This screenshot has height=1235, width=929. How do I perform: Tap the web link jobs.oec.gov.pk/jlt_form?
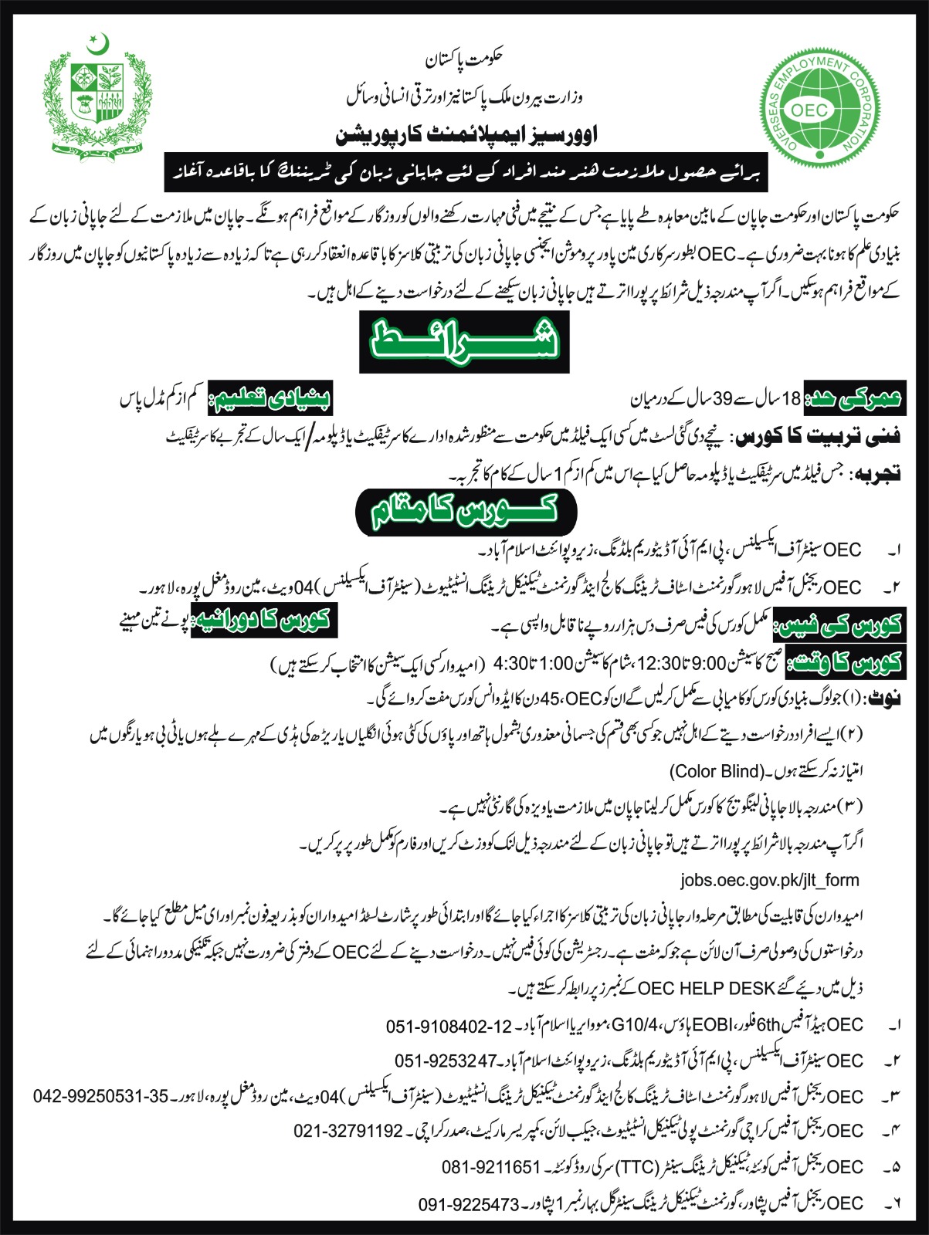pos(770,880)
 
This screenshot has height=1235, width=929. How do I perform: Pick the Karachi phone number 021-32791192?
pos(349,1131)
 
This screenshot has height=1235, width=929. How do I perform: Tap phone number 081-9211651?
pos(491,1167)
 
